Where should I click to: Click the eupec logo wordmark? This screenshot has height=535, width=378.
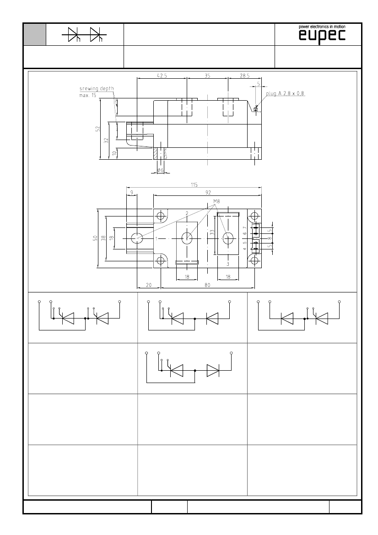[322, 36]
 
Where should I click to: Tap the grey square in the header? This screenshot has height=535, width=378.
[34, 34]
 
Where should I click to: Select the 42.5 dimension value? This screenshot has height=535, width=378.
[162, 76]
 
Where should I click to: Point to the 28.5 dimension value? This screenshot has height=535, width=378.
[244, 76]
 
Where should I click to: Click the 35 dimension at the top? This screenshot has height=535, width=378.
[207, 76]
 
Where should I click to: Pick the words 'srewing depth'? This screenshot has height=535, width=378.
[97, 89]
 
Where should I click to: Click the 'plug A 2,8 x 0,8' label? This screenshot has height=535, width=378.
[286, 93]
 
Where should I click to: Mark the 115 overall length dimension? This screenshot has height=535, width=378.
[194, 185]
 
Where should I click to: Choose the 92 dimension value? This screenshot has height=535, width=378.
[208, 193]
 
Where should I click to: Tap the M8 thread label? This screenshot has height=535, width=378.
[216, 201]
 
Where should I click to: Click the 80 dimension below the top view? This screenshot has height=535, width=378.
[207, 285]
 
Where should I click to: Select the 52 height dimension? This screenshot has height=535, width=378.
[97, 129]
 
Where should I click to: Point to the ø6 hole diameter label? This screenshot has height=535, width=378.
[160, 170]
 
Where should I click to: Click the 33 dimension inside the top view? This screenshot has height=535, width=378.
[212, 232]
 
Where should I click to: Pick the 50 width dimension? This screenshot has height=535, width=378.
[95, 238]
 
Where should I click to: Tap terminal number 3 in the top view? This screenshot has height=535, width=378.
[227, 264]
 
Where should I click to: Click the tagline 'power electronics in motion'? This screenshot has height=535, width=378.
[322, 27]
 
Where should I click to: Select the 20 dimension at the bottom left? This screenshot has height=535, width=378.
[149, 285]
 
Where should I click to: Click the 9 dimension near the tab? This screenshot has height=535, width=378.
[132, 193]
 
